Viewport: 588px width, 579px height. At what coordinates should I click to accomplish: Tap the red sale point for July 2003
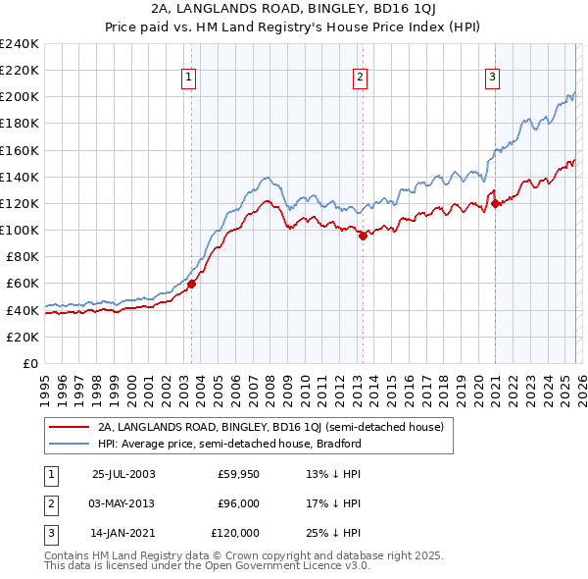pyautogui.click(x=192, y=285)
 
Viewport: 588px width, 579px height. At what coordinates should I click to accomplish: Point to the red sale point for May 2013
pyautogui.click(x=362, y=236)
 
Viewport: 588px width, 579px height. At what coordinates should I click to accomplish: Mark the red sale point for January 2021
pyautogui.click(x=495, y=204)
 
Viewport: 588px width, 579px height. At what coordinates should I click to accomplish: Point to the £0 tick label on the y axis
pyautogui.click(x=29, y=363)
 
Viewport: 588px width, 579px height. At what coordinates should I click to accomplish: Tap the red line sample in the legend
pyautogui.click(x=69, y=428)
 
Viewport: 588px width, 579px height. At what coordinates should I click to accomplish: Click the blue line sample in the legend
pyautogui.click(x=69, y=444)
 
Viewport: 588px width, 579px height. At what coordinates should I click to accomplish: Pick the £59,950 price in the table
pyautogui.click(x=238, y=474)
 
